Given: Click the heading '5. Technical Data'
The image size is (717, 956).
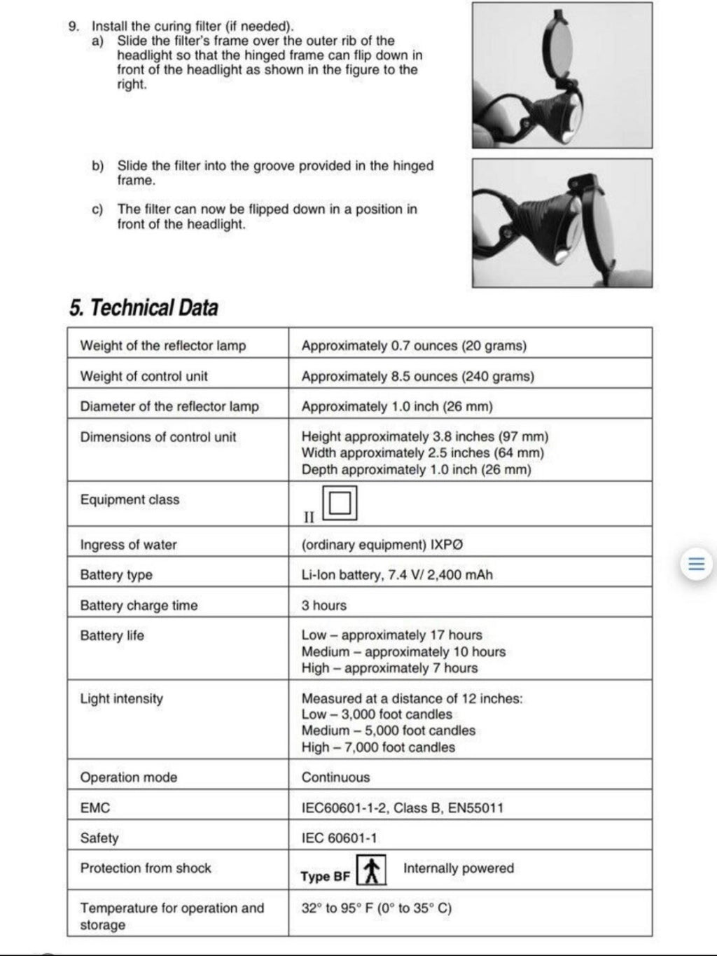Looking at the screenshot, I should click(x=144, y=307).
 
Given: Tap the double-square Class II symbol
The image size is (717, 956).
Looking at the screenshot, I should click(x=340, y=503).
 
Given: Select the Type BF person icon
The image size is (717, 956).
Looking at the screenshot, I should click(x=372, y=871).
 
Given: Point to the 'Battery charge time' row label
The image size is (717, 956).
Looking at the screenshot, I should click(x=139, y=605).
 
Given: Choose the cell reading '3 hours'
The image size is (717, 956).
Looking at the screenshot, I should click(x=323, y=605).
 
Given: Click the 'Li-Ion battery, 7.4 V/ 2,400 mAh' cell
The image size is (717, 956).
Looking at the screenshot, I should click(x=396, y=575).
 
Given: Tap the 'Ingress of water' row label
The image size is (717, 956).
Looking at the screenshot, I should click(x=128, y=545).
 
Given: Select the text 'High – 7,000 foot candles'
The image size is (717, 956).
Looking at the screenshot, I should click(x=378, y=747).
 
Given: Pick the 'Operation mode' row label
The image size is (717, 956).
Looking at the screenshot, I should click(x=128, y=777).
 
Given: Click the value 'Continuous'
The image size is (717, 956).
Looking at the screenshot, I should click(x=335, y=777).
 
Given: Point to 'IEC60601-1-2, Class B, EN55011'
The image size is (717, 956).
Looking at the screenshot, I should click(x=402, y=808).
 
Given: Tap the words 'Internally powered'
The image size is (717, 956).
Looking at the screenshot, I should click(x=458, y=868).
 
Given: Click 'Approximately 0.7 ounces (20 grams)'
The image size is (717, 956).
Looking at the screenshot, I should click(x=414, y=346).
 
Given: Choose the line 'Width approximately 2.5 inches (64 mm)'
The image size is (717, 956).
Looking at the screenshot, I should click(x=422, y=453).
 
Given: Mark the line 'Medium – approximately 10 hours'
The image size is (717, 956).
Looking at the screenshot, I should click(x=403, y=652).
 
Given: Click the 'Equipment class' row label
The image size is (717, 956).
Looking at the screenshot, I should click(x=130, y=499).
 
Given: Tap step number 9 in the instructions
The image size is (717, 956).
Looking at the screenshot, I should click(x=73, y=27).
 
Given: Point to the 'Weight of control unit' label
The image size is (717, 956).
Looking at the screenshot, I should click(x=144, y=376).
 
